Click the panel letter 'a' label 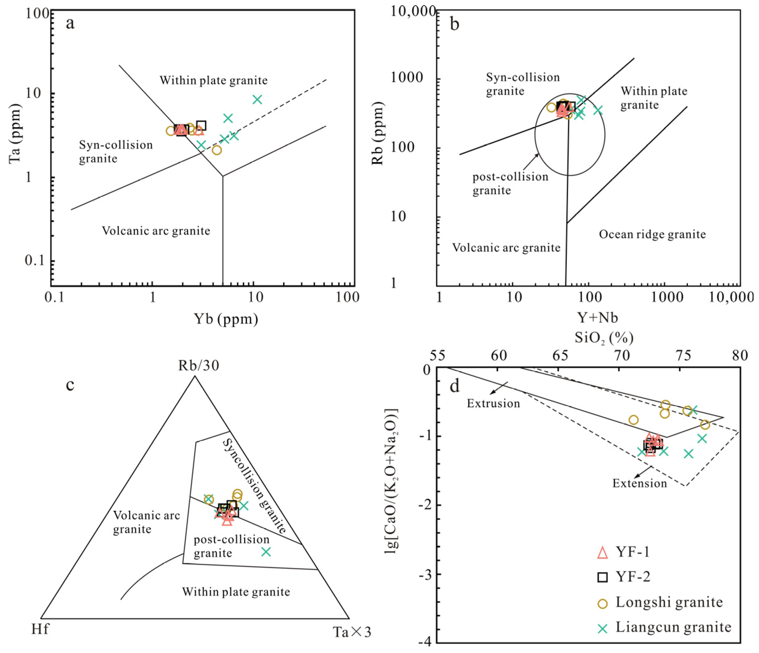pyautogui.click(x=70, y=24)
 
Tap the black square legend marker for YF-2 pyautogui.click(x=602, y=578)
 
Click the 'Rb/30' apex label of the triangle pyautogui.click(x=199, y=365)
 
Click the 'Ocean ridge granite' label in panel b pyautogui.click(x=652, y=234)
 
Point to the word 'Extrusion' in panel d pyautogui.click(x=493, y=404)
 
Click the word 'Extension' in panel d pyautogui.click(x=640, y=483)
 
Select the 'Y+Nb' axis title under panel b pyautogui.click(x=597, y=318)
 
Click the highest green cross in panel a pyautogui.click(x=258, y=100)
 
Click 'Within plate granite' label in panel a pyautogui.click(x=214, y=80)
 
